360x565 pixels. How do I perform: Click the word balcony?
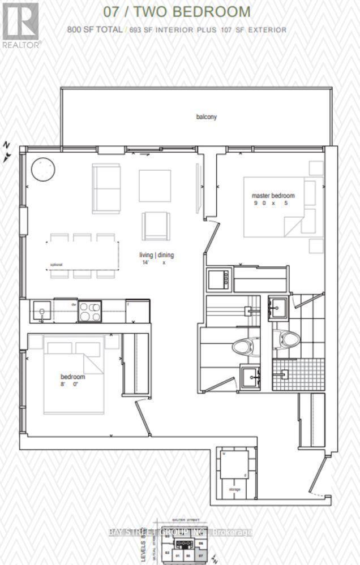tap(207, 117)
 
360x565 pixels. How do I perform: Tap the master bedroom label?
tap(273, 196)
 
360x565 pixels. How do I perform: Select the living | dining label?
tap(157, 255)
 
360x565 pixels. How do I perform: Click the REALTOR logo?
tap(20, 26)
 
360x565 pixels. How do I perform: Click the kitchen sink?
tap(41, 310)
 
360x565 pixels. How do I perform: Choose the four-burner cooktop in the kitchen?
tap(89, 311)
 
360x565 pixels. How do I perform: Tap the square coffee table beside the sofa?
tap(155, 186)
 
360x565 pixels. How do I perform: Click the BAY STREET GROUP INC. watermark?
tap(180, 532)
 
